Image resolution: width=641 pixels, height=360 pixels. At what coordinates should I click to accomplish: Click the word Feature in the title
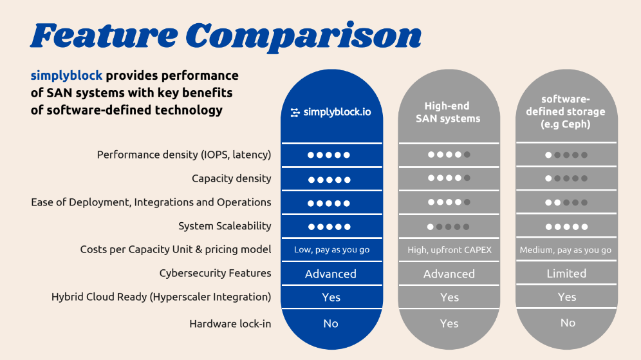pyautogui.click(x=104, y=35)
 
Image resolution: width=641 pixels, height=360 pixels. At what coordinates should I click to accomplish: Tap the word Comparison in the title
pyautogui.click(x=303, y=37)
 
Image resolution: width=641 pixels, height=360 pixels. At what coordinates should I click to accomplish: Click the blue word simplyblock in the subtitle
pyautogui.click(x=66, y=76)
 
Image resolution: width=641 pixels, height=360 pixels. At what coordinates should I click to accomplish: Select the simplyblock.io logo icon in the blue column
pyautogui.click(x=295, y=113)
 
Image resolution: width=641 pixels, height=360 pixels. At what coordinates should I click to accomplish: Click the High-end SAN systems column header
pyautogui.click(x=448, y=112)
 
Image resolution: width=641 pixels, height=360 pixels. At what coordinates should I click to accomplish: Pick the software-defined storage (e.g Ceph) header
pyautogui.click(x=566, y=111)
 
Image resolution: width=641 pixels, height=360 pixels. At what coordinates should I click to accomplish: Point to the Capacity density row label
pyautogui.click(x=232, y=179)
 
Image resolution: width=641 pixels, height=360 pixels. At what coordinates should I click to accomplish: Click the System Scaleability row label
pyautogui.click(x=225, y=226)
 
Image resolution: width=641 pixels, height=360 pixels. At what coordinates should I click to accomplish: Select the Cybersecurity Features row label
pyautogui.click(x=215, y=273)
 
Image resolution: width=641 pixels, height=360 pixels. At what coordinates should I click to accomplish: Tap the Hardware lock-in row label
pyautogui.click(x=230, y=324)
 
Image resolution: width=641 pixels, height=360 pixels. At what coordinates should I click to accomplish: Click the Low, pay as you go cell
pyautogui.click(x=331, y=250)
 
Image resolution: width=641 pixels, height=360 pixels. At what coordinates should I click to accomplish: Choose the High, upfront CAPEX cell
pyautogui.click(x=449, y=250)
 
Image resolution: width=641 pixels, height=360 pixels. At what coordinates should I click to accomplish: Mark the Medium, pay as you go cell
pyautogui.click(x=566, y=250)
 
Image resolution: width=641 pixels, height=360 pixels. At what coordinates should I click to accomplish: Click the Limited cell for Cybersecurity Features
pyautogui.click(x=566, y=273)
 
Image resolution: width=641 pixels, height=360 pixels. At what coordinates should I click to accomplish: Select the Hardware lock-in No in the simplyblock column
pyautogui.click(x=331, y=323)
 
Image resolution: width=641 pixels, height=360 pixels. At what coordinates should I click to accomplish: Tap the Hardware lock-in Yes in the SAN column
pyautogui.click(x=449, y=323)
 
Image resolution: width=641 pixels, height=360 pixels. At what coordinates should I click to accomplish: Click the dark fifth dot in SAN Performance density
pyautogui.click(x=467, y=155)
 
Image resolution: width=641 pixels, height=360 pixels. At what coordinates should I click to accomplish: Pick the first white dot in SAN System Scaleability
pyautogui.click(x=431, y=227)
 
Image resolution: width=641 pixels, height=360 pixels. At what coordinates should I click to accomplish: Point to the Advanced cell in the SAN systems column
pyautogui.click(x=449, y=274)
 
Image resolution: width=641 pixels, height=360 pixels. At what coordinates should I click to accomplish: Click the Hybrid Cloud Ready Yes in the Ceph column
pyautogui.click(x=567, y=297)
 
